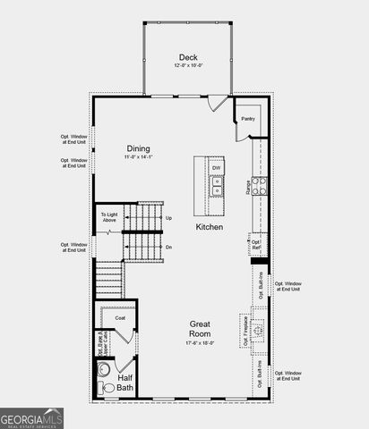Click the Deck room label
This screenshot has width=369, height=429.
coord(188,57)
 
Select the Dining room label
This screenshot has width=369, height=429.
coord(138,148)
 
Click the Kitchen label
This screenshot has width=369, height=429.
coord(210,227)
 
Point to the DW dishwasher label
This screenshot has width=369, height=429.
coord(217,168)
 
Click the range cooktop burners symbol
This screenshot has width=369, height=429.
coord(259,186)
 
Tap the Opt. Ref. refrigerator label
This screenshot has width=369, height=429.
coord(256,243)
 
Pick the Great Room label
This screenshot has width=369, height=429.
coord(200,329)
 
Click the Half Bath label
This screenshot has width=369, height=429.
coord(125,383)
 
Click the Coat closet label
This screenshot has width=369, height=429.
coord(119,317)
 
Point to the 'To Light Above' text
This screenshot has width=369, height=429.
coord(108,217)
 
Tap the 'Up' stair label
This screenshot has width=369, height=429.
coord(168,217)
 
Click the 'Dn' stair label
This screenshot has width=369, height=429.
coord(168,247)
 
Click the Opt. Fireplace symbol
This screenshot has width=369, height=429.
coord(258,331)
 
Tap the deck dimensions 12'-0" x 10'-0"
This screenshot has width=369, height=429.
coord(188,67)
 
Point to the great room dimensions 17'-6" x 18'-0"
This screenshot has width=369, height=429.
coord(200,342)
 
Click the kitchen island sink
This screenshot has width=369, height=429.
coord(217,185)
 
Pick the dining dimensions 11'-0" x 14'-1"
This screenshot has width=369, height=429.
coord(138,158)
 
